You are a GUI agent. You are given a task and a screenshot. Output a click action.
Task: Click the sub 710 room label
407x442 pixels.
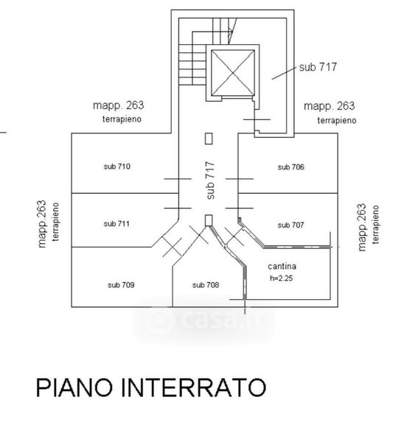[x=116, y=166]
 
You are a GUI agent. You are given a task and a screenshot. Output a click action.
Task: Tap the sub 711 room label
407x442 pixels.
[x=116, y=224]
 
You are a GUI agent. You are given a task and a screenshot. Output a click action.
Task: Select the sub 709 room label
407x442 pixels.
[x=121, y=285]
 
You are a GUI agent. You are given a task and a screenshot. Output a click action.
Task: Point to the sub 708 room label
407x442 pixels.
[x=206, y=285]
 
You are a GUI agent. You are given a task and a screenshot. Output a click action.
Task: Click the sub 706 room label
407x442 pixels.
[x=291, y=167]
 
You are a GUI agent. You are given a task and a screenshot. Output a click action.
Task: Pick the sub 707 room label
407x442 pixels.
[x=291, y=225]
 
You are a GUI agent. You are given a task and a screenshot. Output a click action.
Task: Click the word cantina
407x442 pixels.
[x=282, y=267]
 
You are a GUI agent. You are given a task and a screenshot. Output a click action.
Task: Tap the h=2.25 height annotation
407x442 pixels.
[x=281, y=278]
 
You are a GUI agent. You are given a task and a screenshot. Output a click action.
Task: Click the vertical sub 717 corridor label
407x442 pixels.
[x=210, y=180]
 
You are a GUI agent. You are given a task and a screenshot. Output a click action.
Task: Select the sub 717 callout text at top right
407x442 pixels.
[x=318, y=67]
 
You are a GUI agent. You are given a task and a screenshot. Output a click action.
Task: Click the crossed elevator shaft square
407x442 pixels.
[x=233, y=73]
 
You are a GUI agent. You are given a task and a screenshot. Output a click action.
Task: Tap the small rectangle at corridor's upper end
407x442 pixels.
[x=209, y=138]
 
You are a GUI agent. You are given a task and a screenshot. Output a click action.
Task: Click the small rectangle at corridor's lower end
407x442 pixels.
[x=209, y=220]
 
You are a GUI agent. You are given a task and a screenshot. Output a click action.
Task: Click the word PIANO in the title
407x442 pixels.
[x=74, y=387]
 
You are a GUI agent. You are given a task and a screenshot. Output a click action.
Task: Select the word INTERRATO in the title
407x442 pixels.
[x=193, y=387]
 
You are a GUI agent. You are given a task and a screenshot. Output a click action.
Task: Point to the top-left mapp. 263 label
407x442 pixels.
[x=119, y=105]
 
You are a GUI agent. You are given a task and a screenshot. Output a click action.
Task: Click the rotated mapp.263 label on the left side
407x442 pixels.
[x=41, y=224]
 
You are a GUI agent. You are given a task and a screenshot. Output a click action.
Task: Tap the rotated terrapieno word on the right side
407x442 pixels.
[x=375, y=225]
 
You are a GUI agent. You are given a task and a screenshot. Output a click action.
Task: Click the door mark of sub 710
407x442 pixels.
[x=178, y=179]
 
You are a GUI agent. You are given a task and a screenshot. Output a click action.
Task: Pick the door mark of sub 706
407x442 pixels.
[x=240, y=179]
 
